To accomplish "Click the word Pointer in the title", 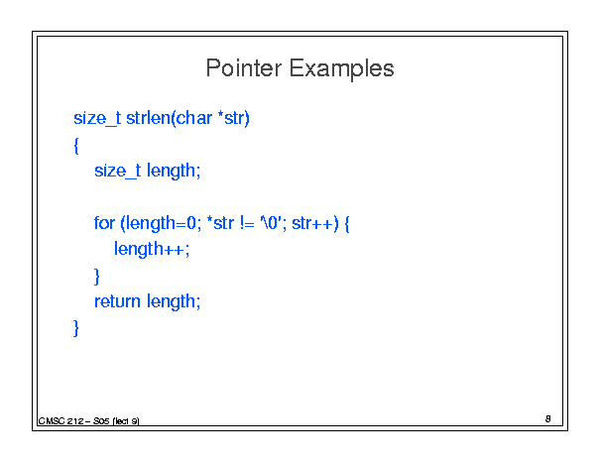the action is coord(244,68).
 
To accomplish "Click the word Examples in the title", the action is coord(341,69).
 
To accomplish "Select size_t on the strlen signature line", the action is coord(97,118).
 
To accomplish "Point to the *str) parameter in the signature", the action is coord(233,118).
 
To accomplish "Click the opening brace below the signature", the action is coord(76,146).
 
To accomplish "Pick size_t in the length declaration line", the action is coord(118,171).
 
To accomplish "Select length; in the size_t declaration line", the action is coord(174,172).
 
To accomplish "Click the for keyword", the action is coord(104,223).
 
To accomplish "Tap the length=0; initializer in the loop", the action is coord(161,223).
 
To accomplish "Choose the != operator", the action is coord(247,223).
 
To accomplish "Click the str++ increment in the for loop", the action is coord(312,223).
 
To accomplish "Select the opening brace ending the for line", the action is coord(347,223).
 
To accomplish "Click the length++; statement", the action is coord(152,250).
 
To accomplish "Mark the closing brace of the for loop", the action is coord(97,277).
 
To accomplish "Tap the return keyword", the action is coord(117,301).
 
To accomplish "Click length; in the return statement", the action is coord(174,302).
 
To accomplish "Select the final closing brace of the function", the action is coord(76,328).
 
